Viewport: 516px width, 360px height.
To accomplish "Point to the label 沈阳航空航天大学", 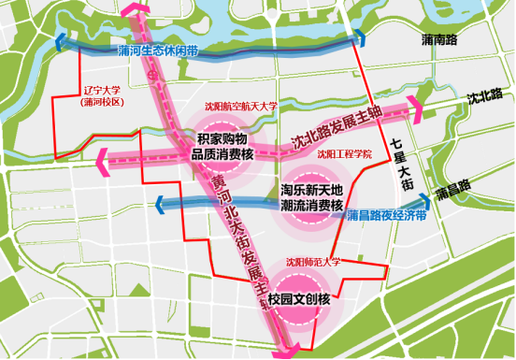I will coord(240,107).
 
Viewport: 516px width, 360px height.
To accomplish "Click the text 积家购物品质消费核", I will coord(222,147).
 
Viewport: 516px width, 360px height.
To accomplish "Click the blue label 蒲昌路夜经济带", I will coord(386,215).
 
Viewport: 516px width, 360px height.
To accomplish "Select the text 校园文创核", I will coord(300,300).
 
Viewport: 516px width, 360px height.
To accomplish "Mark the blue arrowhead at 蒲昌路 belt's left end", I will coord(160,202).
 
